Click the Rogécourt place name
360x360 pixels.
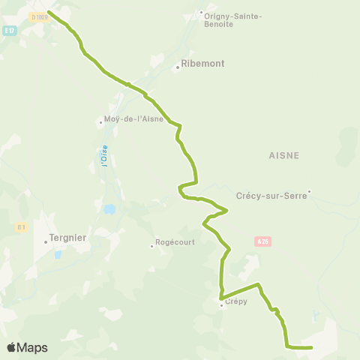(x=175, y=242)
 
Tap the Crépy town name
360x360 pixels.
(x=235, y=301)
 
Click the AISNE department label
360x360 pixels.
(x=283, y=155)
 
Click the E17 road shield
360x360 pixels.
(x=9, y=30)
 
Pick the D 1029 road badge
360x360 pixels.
(x=39, y=16)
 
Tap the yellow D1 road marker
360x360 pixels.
(x=22, y=226)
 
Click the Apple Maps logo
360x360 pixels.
(x=27, y=347)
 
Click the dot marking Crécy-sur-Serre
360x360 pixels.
(x=308, y=191)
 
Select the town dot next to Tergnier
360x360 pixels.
(x=45, y=240)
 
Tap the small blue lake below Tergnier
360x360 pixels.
(x=58, y=255)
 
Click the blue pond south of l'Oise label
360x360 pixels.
(x=110, y=208)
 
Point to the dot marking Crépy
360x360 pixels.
(x=221, y=304)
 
